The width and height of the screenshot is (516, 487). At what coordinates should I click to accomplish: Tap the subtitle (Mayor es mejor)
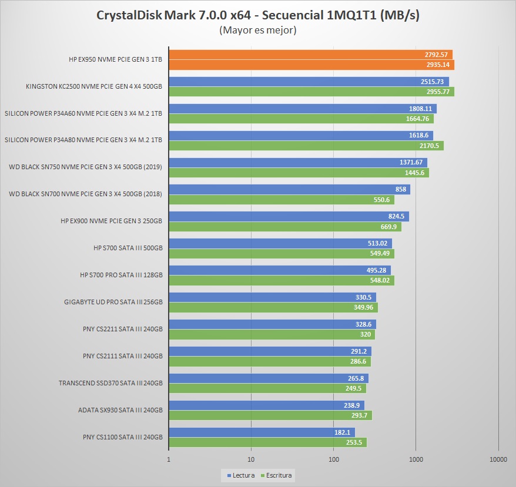257,30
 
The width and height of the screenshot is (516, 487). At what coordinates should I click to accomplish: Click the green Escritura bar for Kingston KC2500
311,92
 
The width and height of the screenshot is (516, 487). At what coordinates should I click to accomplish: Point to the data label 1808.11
420,109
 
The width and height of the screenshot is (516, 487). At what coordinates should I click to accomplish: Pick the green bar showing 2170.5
306,146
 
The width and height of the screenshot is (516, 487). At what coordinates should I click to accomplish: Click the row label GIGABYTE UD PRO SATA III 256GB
113,302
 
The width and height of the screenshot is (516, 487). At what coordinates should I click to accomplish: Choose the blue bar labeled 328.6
272,324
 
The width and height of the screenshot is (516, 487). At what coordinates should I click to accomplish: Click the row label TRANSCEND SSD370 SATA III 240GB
110,383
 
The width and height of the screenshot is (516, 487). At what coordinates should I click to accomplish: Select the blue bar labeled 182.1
262,432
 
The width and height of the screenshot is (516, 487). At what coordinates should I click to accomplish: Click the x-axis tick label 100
334,459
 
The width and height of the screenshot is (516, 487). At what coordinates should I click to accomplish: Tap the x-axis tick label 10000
498,459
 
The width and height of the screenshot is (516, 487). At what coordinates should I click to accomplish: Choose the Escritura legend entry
277,475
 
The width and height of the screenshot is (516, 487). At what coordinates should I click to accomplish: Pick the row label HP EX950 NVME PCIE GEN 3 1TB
115,59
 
